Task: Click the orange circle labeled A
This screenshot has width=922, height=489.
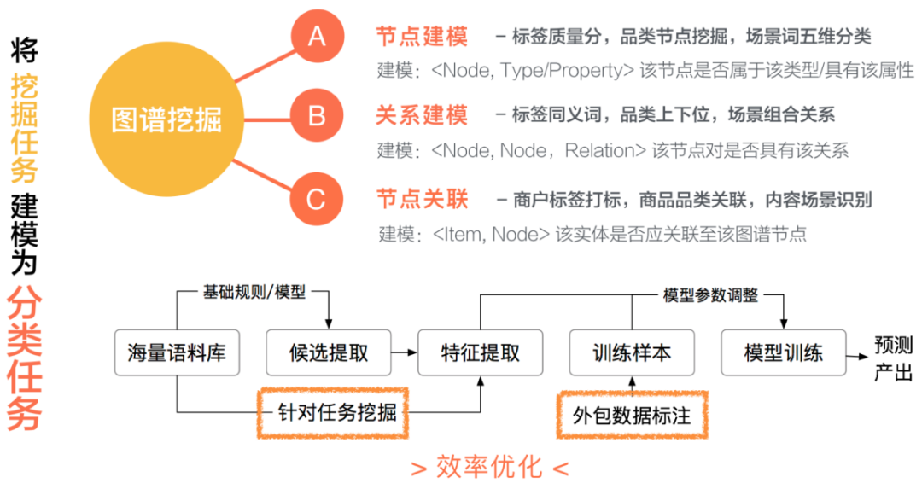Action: point(317,37)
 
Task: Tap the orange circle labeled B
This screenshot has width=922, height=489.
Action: point(317,114)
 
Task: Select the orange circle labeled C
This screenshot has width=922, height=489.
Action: point(317,199)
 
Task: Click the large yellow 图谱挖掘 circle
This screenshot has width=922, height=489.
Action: point(166,119)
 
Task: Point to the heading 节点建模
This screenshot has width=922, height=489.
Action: point(422,37)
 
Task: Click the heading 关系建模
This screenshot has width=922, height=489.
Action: point(422,114)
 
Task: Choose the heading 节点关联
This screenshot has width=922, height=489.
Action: point(422,199)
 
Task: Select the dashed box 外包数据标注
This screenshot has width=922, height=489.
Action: point(633,414)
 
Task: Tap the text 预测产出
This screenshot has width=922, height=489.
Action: point(893,359)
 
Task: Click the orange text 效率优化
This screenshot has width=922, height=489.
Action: point(489,467)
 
